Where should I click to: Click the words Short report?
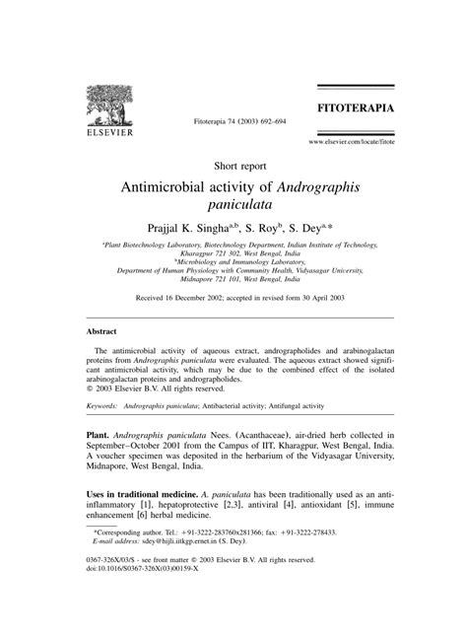pyautogui.click(x=233, y=166)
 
